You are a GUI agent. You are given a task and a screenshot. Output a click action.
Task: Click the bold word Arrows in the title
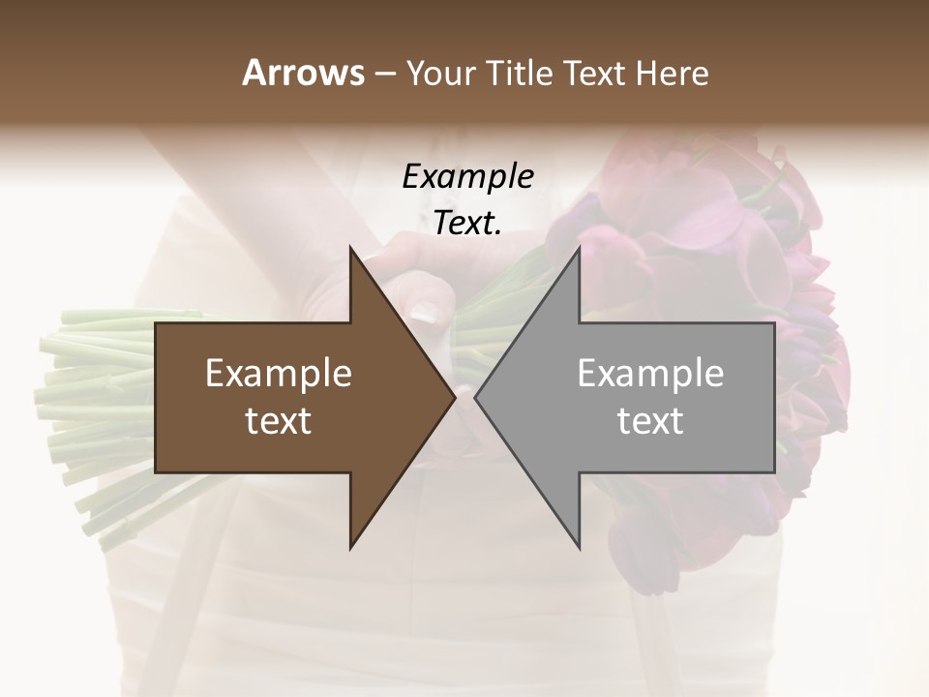click(x=303, y=73)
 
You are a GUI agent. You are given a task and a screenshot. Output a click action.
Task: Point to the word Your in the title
click(x=439, y=73)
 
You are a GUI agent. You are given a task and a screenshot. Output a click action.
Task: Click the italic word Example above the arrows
click(x=467, y=177)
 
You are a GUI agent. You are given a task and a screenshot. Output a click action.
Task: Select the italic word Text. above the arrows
click(x=467, y=223)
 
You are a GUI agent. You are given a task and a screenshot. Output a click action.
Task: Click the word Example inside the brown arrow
click(x=279, y=374)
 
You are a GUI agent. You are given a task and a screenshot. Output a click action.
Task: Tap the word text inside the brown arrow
click(x=279, y=420)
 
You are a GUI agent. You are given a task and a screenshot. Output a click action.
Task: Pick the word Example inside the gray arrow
click(x=650, y=374)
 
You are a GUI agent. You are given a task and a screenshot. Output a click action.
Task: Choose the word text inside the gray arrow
click(x=650, y=420)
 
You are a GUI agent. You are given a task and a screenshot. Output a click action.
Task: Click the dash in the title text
click(x=384, y=74)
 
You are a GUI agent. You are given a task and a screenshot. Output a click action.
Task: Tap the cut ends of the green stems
click(x=58, y=407)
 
